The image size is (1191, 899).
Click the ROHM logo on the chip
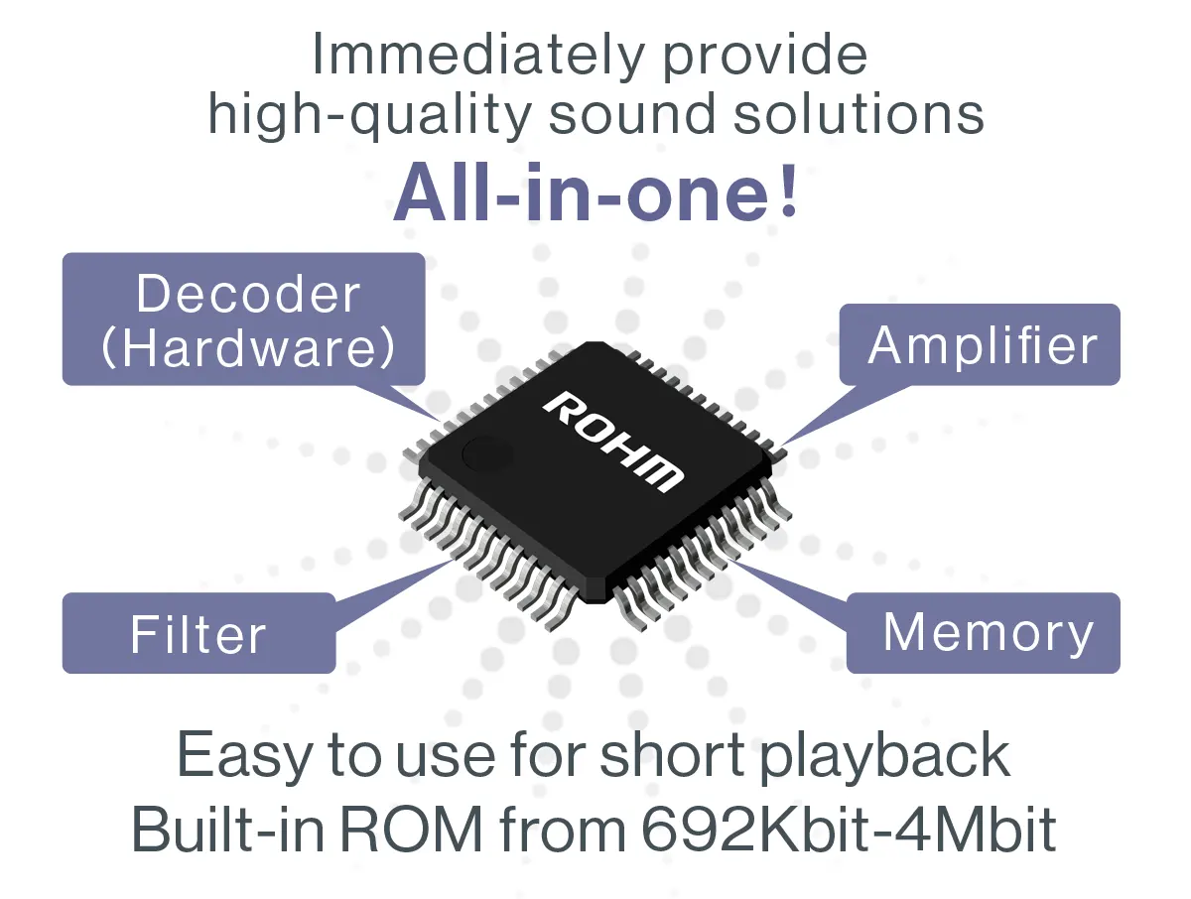tap(613, 440)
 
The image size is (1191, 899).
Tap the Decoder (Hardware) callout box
tap(244, 319)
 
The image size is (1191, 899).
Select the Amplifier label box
tap(981, 344)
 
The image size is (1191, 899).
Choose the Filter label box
tap(198, 633)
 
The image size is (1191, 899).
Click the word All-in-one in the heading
tap(581, 194)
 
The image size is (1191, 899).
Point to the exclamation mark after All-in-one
tap(788, 194)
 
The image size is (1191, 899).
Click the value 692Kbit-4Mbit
tap(849, 832)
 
